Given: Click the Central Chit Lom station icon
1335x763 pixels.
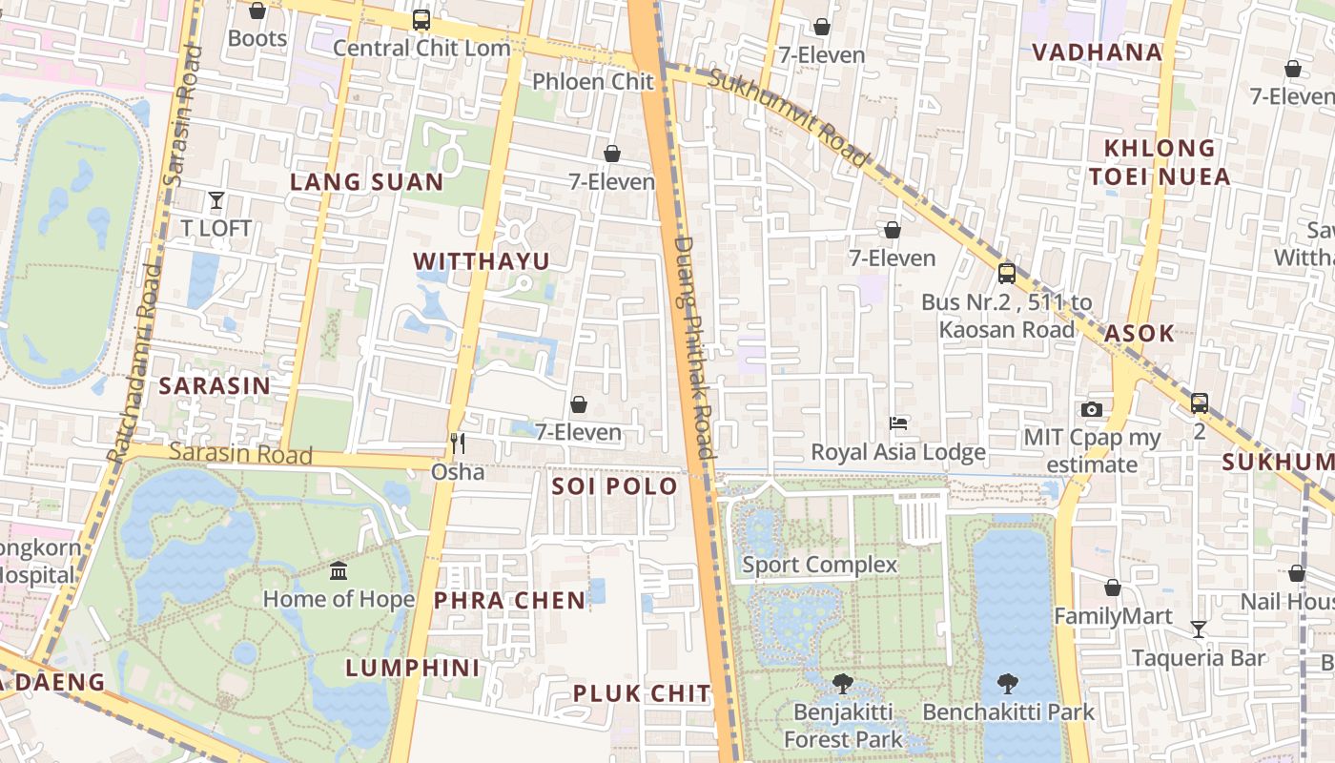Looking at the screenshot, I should pyautogui.click(x=421, y=20).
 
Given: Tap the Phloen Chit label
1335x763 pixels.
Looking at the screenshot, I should pyautogui.click(x=592, y=82).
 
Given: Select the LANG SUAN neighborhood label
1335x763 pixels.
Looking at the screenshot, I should pyautogui.click(x=367, y=182).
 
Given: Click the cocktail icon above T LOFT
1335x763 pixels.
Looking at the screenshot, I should pyautogui.click(x=216, y=200).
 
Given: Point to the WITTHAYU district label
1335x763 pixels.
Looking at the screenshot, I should pyautogui.click(x=482, y=261).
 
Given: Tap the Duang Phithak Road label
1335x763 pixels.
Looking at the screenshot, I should pyautogui.click(x=694, y=348).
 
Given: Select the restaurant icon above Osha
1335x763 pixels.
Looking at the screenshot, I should pyautogui.click(x=458, y=443).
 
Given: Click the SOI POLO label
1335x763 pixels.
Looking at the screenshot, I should pyautogui.click(x=615, y=486).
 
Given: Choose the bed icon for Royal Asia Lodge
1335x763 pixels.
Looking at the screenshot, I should pyautogui.click(x=897, y=423).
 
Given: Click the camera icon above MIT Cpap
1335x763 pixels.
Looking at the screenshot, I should pyautogui.click(x=1092, y=410).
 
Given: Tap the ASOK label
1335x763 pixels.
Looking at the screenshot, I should pyautogui.click(x=1140, y=334).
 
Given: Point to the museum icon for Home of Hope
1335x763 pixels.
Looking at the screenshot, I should pyautogui.click(x=339, y=571).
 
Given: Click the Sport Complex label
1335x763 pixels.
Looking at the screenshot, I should pyautogui.click(x=820, y=565).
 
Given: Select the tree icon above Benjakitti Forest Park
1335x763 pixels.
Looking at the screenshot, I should pyautogui.click(x=842, y=684).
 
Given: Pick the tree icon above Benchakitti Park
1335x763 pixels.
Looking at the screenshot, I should pyautogui.click(x=1008, y=684).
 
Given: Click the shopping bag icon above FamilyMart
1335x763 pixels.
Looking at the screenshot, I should pyautogui.click(x=1113, y=588).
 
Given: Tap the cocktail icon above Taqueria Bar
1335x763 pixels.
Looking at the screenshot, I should pyautogui.click(x=1199, y=629).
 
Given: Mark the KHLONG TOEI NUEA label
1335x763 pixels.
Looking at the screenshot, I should pyautogui.click(x=1160, y=162).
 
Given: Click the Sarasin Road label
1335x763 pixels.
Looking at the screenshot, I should pyautogui.click(x=240, y=454).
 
